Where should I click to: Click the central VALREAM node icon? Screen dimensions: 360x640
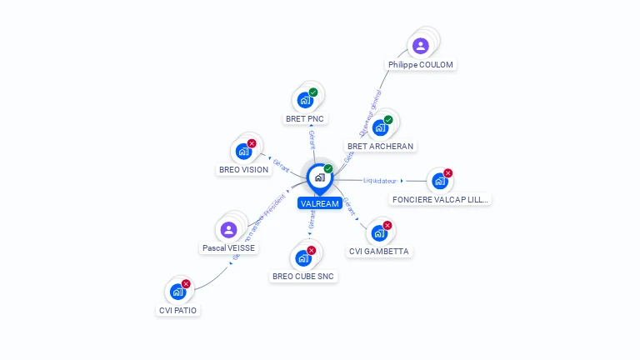coord(319,177)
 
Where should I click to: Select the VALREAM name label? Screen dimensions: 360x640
coord(319,203)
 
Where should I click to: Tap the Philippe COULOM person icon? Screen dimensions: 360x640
coord(421,46)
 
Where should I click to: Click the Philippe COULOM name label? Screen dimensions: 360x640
coord(422,65)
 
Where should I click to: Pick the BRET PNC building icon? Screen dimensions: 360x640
coord(305,100)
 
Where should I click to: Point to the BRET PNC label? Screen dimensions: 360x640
coord(305,119)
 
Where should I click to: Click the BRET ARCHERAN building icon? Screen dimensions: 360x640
coord(380,127)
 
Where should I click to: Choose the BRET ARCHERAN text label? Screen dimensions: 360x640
coord(380,147)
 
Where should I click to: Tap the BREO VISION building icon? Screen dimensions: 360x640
coord(243,151)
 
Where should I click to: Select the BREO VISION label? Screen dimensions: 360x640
coord(243,170)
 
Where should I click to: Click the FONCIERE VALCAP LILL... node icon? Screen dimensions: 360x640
coord(440,181)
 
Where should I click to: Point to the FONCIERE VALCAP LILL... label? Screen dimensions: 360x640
coord(441,200)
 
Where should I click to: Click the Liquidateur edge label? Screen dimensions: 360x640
coord(380,180)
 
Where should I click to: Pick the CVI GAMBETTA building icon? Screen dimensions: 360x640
coord(379,232)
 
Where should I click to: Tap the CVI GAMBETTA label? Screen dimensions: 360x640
coord(379,252)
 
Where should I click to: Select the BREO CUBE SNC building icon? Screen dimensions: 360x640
coord(304,257)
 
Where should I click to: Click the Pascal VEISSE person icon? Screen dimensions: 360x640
coord(229,229)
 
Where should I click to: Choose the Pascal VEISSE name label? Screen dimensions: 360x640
coord(229,248)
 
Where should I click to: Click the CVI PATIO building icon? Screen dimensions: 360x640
coord(178,292)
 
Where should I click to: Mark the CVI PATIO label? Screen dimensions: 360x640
coord(179,311)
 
